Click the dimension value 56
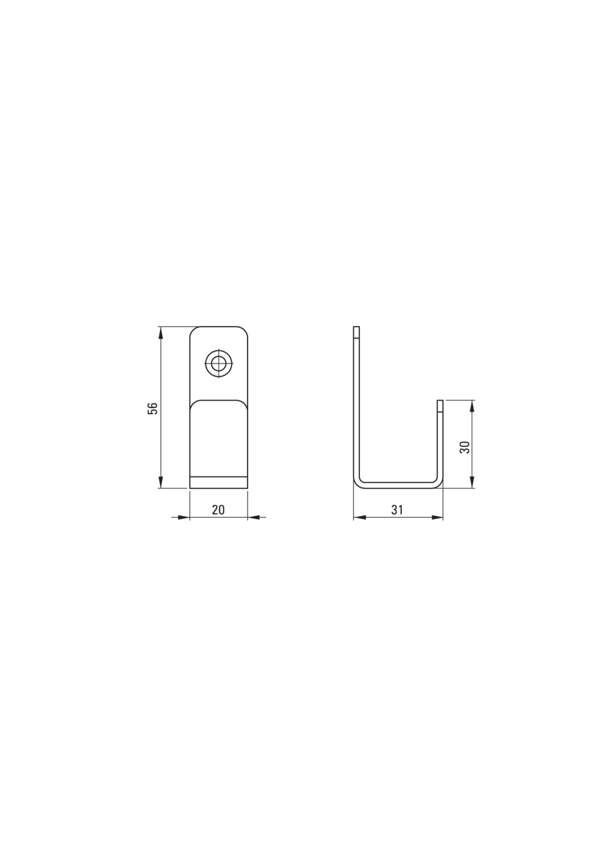pos(153,408)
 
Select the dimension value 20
pos(218,510)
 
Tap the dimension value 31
pos(397,510)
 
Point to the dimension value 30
pos(465,447)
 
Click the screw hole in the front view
pos(219,363)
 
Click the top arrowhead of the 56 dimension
pos(161,333)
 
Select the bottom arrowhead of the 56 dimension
pos(161,482)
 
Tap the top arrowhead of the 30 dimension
pos(472,406)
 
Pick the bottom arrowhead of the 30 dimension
pos(472,482)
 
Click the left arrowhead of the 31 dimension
pos(359,518)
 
